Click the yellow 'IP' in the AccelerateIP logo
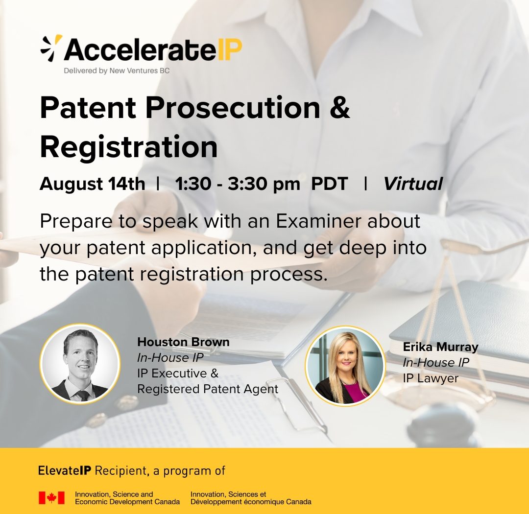[230, 49]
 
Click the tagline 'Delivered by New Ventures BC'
[117, 71]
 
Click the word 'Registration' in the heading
[129, 147]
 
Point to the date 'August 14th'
[93, 184]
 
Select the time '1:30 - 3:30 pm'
[238, 184]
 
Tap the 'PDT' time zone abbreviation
[330, 184]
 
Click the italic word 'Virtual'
[413, 184]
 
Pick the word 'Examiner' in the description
[319, 221]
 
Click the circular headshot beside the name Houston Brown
[80, 364]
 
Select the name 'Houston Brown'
[183, 342]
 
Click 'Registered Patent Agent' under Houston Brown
[208, 389]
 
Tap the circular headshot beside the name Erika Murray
[345, 366]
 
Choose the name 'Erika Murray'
[441, 347]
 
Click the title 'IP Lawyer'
[431, 378]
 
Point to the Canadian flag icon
[51, 497]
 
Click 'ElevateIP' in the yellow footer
[65, 470]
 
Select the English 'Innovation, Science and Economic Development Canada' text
[127, 498]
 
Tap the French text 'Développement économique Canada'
[251, 502]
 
